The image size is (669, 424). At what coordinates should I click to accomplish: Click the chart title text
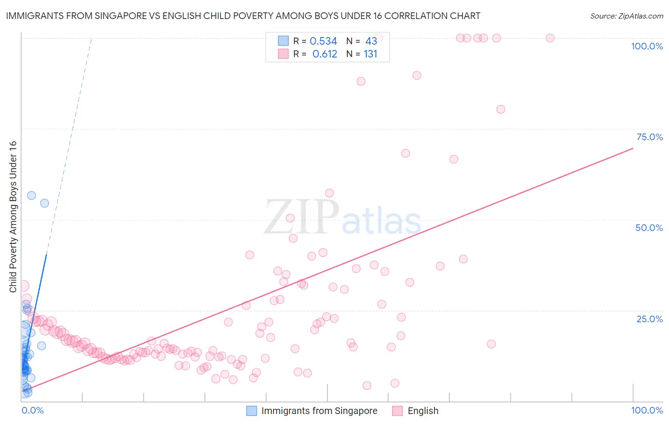click(243, 16)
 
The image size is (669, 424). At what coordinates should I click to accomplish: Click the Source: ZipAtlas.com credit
click(626, 16)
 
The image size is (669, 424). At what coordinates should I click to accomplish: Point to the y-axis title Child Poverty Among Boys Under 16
click(13, 217)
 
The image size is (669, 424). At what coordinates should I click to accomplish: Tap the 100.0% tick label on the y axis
click(647, 46)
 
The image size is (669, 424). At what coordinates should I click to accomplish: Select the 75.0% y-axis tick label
click(649, 137)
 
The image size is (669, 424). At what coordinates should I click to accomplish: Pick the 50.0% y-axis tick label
click(649, 228)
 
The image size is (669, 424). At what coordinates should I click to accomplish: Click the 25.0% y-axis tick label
click(649, 318)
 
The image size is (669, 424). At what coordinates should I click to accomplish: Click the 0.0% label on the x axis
click(32, 410)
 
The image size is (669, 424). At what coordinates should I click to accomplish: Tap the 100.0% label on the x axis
click(647, 410)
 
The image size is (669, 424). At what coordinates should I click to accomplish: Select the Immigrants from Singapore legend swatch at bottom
click(252, 411)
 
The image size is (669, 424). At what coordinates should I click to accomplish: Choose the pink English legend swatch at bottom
click(397, 411)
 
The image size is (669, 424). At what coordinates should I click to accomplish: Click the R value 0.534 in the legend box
click(323, 41)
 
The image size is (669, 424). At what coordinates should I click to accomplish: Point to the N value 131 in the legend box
click(370, 54)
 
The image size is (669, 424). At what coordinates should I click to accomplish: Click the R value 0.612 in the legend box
click(325, 54)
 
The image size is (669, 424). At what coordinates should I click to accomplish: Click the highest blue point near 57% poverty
click(31, 195)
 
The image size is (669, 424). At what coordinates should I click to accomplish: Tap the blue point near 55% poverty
click(44, 203)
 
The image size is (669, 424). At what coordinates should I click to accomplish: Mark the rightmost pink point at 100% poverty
click(550, 38)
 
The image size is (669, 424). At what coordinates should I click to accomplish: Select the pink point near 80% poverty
click(501, 109)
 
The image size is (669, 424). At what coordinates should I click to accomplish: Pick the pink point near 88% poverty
click(361, 81)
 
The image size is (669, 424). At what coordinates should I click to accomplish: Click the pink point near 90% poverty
click(417, 75)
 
